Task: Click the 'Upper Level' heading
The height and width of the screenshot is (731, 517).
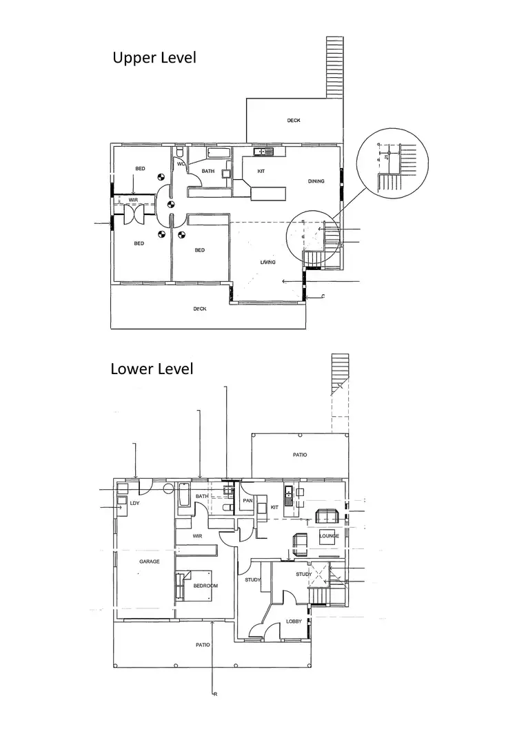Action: click(154, 57)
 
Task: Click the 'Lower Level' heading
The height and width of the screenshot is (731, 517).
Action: click(152, 369)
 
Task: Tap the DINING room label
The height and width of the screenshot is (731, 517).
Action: click(316, 181)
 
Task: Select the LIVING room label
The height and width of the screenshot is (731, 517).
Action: click(267, 262)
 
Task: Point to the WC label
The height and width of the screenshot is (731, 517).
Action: click(181, 164)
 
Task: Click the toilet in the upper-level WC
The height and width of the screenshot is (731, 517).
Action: click(180, 152)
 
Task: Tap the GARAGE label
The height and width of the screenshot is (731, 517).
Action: click(150, 562)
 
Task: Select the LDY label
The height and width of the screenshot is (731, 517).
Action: click(134, 503)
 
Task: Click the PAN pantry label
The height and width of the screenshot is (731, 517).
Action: click(247, 500)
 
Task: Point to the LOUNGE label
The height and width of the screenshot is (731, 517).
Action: click(329, 535)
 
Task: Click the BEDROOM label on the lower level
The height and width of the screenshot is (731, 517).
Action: click(205, 586)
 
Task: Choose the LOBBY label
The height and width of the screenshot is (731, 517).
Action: click(294, 621)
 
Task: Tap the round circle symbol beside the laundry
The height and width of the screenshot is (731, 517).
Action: click(168, 489)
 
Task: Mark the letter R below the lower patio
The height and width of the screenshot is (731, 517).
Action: click(216, 694)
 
